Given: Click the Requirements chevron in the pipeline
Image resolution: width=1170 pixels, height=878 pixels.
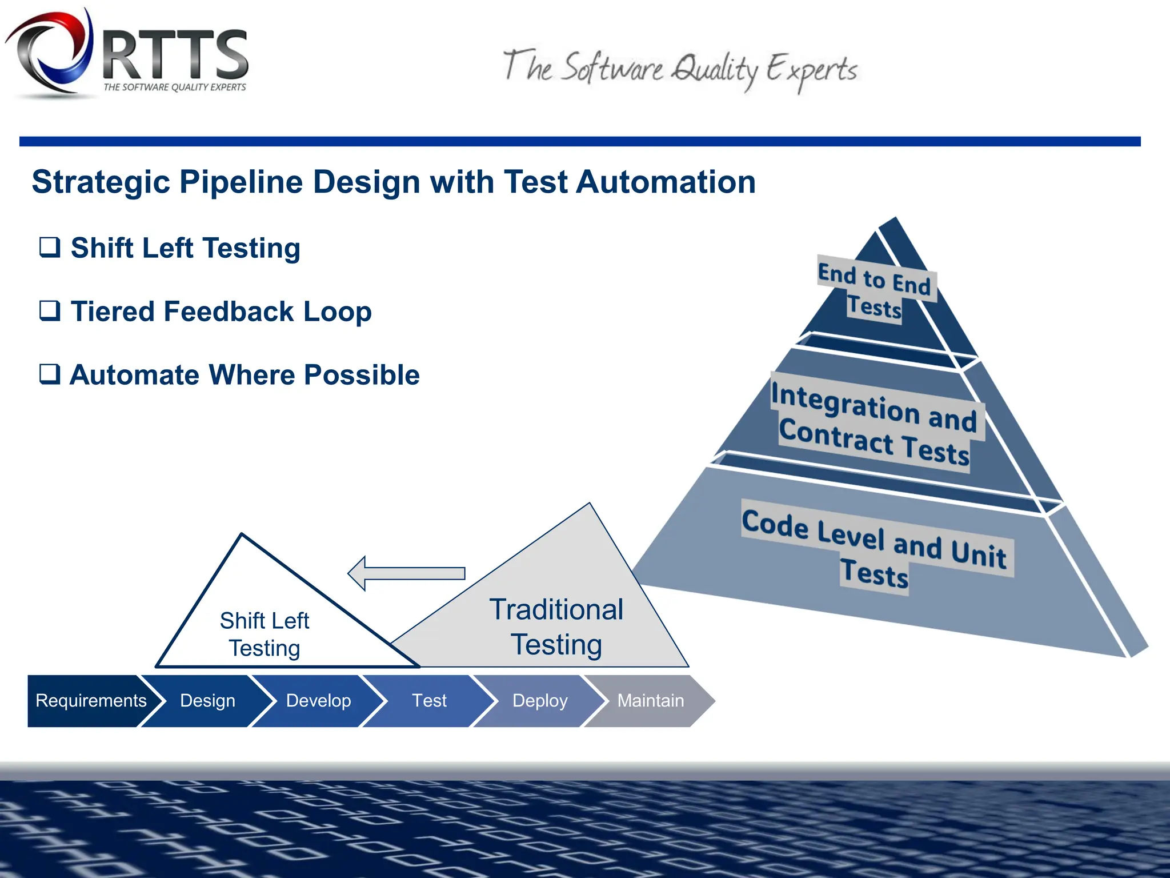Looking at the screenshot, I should pyautogui.click(x=90, y=701).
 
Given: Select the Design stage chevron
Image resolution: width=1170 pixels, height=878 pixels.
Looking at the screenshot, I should pyautogui.click(x=207, y=701).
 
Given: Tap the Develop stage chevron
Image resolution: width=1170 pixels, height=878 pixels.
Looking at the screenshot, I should pyautogui.click(x=318, y=701).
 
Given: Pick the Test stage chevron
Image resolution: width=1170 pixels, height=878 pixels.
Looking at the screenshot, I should pyautogui.click(x=429, y=701).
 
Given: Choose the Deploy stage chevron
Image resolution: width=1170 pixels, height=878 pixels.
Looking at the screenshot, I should pyautogui.click(x=540, y=701).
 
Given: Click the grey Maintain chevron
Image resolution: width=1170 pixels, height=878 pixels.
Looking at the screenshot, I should pyautogui.click(x=651, y=701).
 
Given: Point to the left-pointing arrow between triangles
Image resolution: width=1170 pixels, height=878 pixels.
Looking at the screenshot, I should pyautogui.click(x=407, y=573).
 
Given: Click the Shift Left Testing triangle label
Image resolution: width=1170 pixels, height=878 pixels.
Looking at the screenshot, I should pyautogui.click(x=265, y=634).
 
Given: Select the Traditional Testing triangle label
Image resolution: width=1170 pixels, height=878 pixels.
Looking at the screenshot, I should pyautogui.click(x=556, y=627).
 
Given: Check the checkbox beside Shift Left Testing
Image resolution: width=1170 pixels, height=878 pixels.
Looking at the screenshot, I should pyautogui.click(x=50, y=248).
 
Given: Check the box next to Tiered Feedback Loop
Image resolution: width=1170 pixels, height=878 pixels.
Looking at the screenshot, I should pyautogui.click(x=50, y=311).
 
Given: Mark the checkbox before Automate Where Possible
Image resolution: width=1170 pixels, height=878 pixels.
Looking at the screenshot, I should pyautogui.click(x=50, y=374).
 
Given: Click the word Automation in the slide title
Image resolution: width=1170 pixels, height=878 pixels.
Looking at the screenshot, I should pyautogui.click(x=666, y=182).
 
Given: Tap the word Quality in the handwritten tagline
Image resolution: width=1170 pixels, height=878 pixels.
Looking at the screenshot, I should pyautogui.click(x=715, y=70).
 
